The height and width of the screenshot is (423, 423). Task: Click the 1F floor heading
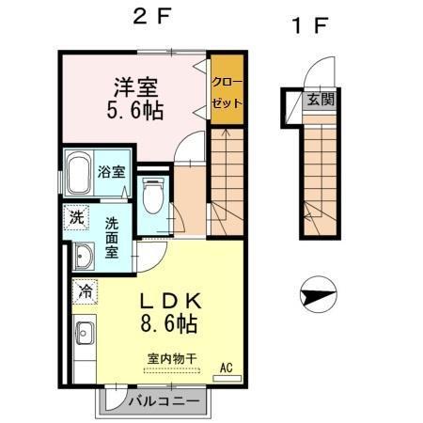[x=310, y=25]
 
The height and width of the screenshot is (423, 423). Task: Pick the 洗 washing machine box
[x=75, y=216]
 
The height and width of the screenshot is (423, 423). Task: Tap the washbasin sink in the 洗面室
[x=82, y=255]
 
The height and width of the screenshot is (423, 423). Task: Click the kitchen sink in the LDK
[x=82, y=334]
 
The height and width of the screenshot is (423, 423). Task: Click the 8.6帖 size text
[x=169, y=326]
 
